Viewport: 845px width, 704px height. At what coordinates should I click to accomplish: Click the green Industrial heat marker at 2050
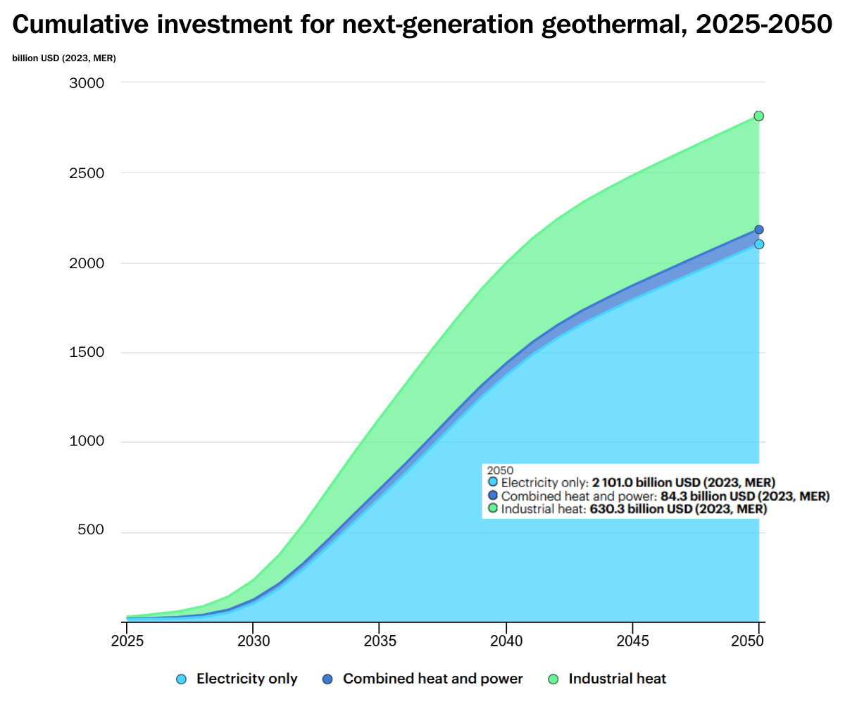[759, 116]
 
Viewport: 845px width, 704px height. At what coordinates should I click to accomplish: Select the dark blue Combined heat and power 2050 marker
[759, 230]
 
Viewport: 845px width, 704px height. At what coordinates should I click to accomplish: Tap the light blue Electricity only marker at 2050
[759, 244]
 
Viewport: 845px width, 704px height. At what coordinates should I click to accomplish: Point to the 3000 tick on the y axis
[87, 83]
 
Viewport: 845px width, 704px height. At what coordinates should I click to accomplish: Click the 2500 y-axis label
[87, 173]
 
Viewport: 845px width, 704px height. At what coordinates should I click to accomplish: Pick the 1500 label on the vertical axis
[87, 353]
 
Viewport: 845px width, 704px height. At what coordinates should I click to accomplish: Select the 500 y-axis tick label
[92, 532]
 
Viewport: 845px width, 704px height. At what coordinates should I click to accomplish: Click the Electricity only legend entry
[237, 679]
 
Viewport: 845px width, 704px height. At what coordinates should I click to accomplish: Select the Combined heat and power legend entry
[423, 679]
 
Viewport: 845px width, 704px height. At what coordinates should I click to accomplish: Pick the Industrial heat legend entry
[607, 679]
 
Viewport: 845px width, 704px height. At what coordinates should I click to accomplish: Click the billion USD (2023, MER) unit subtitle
[64, 58]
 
